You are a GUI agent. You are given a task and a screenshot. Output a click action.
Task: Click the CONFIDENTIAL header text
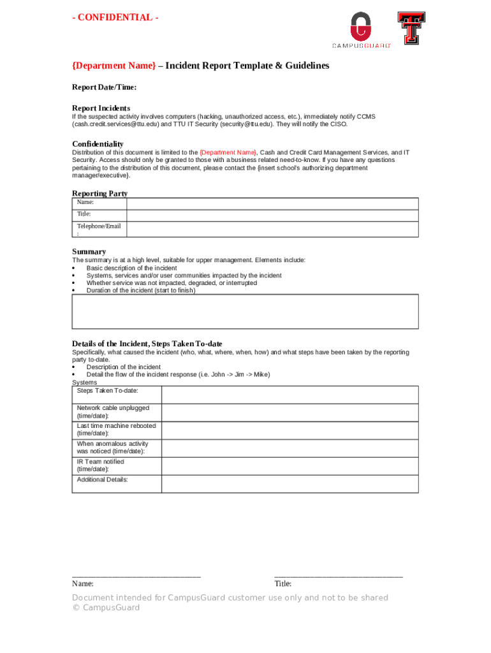point(115,17)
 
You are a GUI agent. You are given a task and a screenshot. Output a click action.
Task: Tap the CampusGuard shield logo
point(361,27)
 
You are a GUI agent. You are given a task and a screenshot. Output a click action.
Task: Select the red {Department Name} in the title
point(114,66)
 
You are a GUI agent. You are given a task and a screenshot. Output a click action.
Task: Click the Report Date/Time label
point(104,87)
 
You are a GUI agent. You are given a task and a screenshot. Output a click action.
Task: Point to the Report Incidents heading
point(101,108)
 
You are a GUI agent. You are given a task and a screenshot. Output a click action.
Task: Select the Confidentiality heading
point(98,143)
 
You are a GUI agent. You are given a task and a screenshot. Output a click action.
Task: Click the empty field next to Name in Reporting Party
point(272,203)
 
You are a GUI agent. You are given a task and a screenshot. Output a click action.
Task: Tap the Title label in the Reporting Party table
point(84,214)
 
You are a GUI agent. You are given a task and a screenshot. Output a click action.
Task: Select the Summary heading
point(89,251)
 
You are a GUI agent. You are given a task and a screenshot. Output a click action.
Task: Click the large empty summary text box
point(245,311)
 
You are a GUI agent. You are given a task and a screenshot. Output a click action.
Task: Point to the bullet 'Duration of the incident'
point(140,290)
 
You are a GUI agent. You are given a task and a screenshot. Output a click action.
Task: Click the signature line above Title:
point(338,576)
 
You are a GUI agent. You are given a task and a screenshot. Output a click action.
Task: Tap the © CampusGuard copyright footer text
point(106,608)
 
